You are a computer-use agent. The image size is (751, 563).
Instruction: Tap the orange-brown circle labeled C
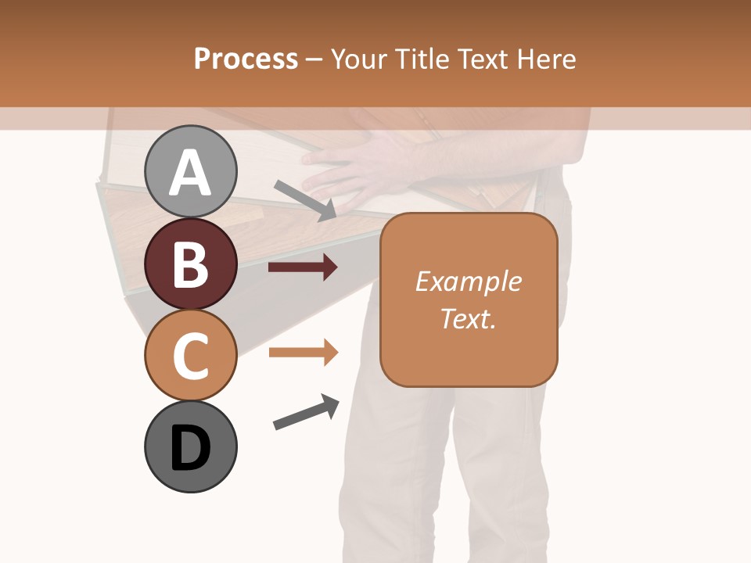[x=191, y=355]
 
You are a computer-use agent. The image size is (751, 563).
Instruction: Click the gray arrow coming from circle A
[x=305, y=200]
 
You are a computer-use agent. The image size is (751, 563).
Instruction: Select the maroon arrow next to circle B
[x=303, y=267]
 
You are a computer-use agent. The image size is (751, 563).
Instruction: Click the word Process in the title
[x=246, y=59]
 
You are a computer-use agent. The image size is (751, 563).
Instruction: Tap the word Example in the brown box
[x=468, y=281]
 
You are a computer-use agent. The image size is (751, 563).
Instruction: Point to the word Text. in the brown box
[x=468, y=318]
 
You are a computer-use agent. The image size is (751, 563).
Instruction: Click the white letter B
[x=191, y=265]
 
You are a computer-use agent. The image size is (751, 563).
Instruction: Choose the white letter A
[x=191, y=173]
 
